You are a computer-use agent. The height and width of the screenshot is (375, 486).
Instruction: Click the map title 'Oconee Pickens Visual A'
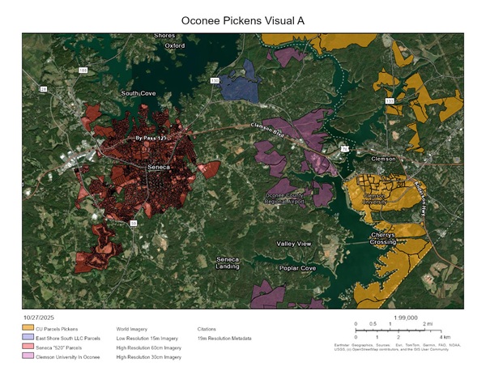coord(244,19)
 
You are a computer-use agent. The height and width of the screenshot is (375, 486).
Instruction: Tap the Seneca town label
coord(158,168)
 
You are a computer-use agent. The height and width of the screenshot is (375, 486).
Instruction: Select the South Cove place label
coord(138,94)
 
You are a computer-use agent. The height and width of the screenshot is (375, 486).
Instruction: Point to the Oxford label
coord(175,46)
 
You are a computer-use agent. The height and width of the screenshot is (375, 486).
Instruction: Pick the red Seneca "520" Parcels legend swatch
coord(27,347)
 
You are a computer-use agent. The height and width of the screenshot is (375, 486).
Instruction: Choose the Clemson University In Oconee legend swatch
coord(27,356)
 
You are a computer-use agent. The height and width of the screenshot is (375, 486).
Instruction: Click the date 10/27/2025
coord(36,318)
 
